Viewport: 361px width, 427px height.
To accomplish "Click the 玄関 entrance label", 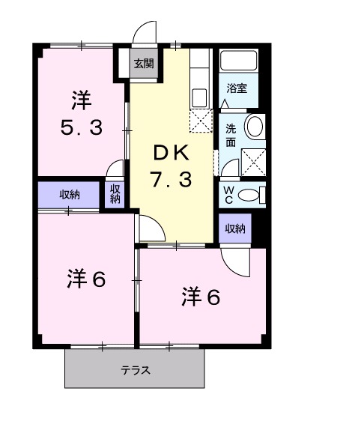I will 144,64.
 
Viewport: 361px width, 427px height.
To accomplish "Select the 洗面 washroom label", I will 231,134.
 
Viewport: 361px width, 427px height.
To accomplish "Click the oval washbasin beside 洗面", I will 255,127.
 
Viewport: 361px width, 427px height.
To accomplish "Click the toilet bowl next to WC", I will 257,196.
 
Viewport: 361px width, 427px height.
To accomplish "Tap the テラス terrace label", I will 136,370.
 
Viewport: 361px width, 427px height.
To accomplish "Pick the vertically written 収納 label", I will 115,195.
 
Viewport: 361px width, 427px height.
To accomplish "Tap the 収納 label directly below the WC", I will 234,229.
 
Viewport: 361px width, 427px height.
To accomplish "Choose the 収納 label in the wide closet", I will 70,196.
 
